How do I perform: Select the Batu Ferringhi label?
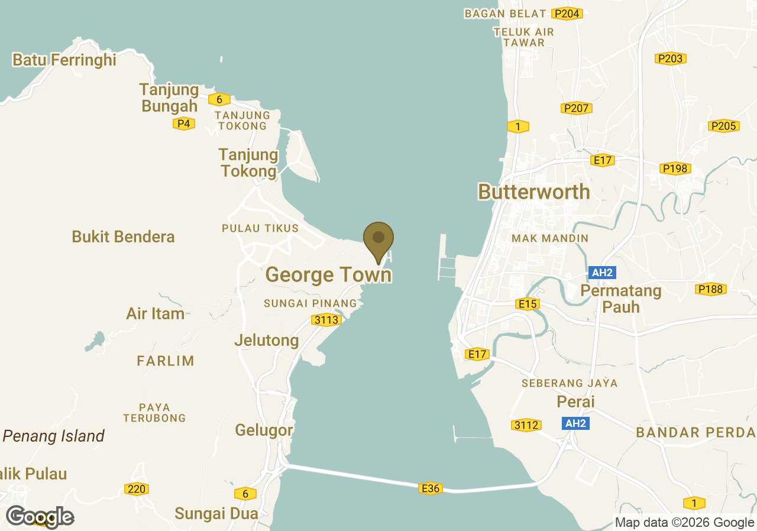(64, 60)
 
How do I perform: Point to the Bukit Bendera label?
(123, 237)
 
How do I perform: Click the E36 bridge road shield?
(430, 488)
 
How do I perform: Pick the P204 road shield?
(567, 14)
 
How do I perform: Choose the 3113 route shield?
(326, 320)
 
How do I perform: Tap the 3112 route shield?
(526, 425)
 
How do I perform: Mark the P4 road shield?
(184, 124)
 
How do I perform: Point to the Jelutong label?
(267, 341)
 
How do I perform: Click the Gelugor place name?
(264, 430)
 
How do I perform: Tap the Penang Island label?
(54, 436)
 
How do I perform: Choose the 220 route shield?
(136, 489)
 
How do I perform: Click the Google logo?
(40, 516)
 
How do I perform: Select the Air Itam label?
(156, 313)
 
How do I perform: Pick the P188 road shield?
(710, 289)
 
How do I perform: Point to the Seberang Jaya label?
(569, 383)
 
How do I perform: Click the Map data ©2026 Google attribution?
(684, 522)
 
